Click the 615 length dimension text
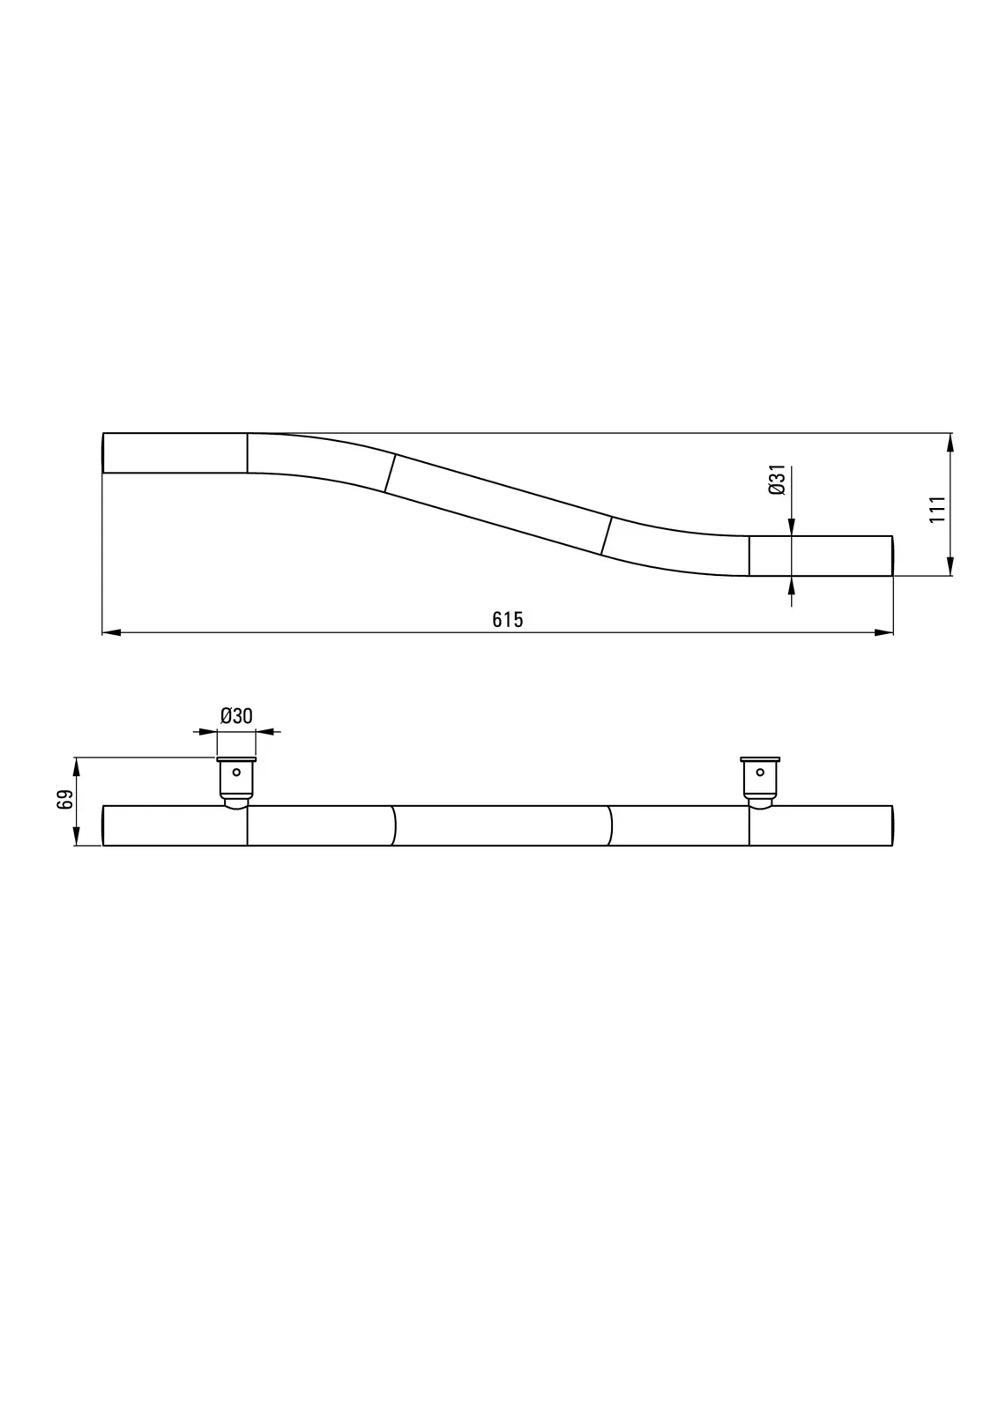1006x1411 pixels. [x=507, y=620]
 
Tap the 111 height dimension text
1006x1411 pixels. [x=937, y=508]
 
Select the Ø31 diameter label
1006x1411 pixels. [x=777, y=480]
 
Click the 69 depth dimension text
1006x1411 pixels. [x=65, y=800]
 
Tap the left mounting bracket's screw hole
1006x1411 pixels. [x=236, y=773]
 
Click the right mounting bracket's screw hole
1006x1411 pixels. [x=760, y=773]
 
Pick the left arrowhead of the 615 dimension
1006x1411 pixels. [x=111, y=632]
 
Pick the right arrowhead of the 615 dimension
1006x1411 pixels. [x=883, y=632]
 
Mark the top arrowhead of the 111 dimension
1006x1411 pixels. [x=950, y=442]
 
